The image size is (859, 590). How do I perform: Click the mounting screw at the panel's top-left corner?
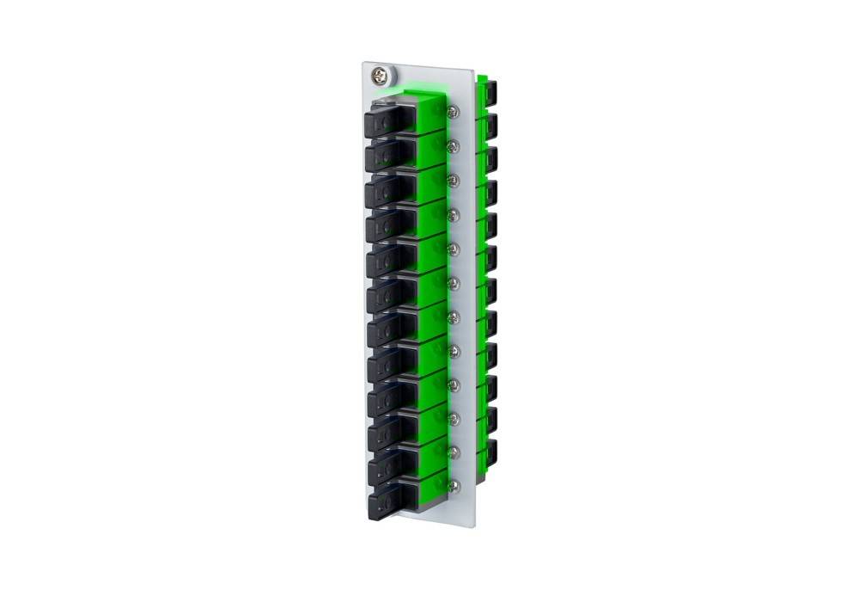pos(379,73)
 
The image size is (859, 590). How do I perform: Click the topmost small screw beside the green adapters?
pos(454,112)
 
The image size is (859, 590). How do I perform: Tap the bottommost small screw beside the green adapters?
pos(454,486)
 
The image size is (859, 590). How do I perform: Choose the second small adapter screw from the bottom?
pos(454,452)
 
